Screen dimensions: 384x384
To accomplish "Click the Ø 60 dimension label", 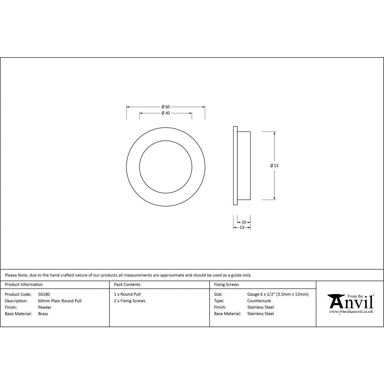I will [166, 106].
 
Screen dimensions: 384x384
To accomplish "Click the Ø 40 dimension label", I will [166, 113].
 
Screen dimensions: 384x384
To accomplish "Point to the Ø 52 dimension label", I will [274, 166].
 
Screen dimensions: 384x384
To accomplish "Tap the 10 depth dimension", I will [243, 222].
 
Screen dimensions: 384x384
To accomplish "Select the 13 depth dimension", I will [242, 227].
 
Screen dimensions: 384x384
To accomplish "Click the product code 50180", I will [44, 294].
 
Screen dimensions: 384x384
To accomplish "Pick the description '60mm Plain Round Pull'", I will [60, 301].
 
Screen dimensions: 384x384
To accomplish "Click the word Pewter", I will [45, 307].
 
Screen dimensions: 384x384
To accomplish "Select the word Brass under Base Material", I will [43, 314].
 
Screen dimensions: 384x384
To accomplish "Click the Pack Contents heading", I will [127, 285].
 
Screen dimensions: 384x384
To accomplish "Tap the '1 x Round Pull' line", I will [127, 294].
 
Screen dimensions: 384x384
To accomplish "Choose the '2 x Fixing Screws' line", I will [129, 301].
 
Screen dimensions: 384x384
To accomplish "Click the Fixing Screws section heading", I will [226, 285].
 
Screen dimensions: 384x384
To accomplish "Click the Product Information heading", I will [24, 285].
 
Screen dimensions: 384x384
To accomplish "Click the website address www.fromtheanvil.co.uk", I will [351, 312].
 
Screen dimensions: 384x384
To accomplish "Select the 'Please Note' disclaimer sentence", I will [128, 275].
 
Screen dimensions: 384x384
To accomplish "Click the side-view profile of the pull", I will [242, 166].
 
